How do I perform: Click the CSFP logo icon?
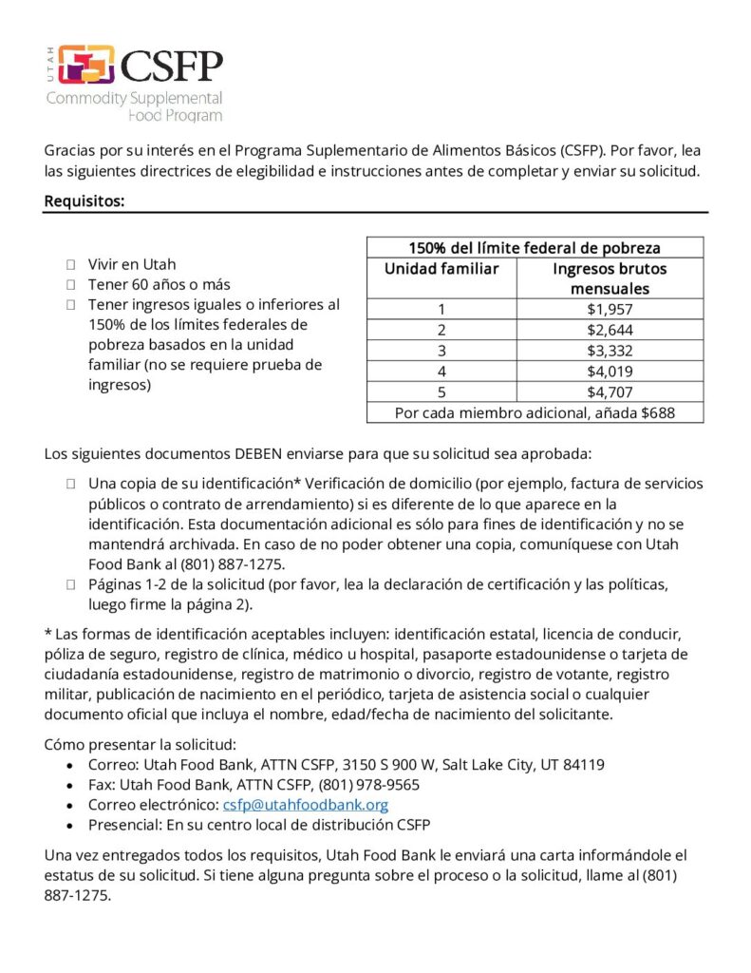click(85, 65)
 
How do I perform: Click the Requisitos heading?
click(84, 200)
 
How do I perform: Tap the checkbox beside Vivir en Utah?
click(71, 264)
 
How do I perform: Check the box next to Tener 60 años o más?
click(71, 284)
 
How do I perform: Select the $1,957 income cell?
click(610, 309)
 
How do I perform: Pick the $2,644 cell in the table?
click(610, 330)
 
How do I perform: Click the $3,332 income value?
click(610, 351)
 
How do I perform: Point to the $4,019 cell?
click(610, 372)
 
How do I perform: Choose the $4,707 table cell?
click(610, 391)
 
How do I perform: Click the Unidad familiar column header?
click(441, 269)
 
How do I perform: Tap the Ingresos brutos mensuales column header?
click(610, 278)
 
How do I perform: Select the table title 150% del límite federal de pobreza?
click(535, 248)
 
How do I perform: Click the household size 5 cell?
click(441, 391)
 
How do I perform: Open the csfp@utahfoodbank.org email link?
click(306, 805)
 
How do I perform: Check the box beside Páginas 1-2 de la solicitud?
click(71, 583)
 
